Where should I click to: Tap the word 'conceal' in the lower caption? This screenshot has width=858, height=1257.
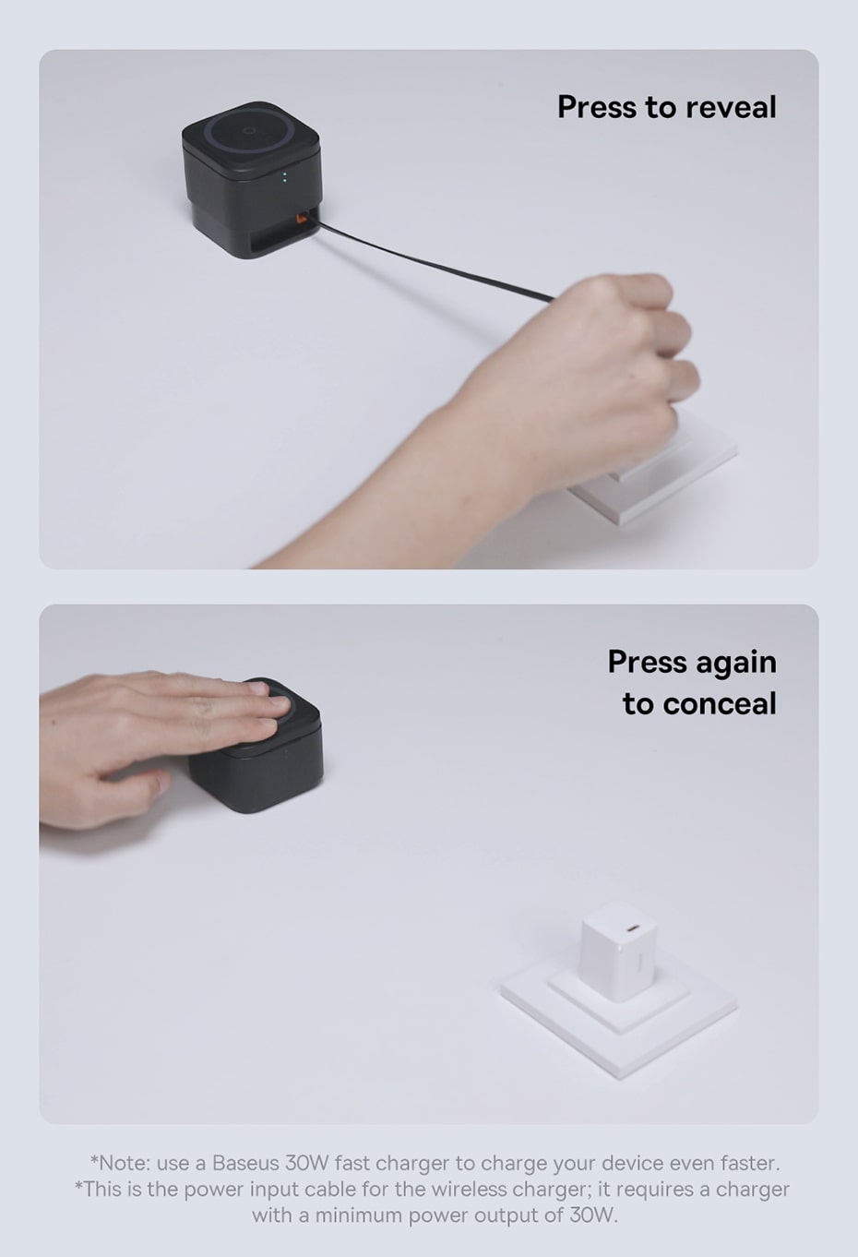pos(721,703)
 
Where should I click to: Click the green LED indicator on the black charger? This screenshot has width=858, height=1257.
pos(285,177)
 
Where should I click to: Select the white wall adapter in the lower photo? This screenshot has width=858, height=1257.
pos(618,951)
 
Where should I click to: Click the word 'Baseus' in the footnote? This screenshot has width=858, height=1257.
pos(245,1163)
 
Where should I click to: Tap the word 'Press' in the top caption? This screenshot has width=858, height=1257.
pos(597,107)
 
